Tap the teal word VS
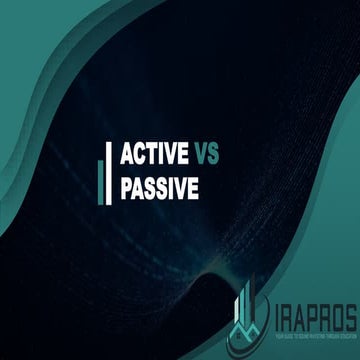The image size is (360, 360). (x=205, y=155)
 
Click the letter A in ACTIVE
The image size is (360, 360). (x=126, y=155)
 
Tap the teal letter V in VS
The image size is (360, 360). (x=199, y=155)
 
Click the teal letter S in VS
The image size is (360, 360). (x=212, y=155)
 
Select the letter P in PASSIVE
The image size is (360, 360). (x=126, y=186)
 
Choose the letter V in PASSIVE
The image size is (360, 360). (x=181, y=186)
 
